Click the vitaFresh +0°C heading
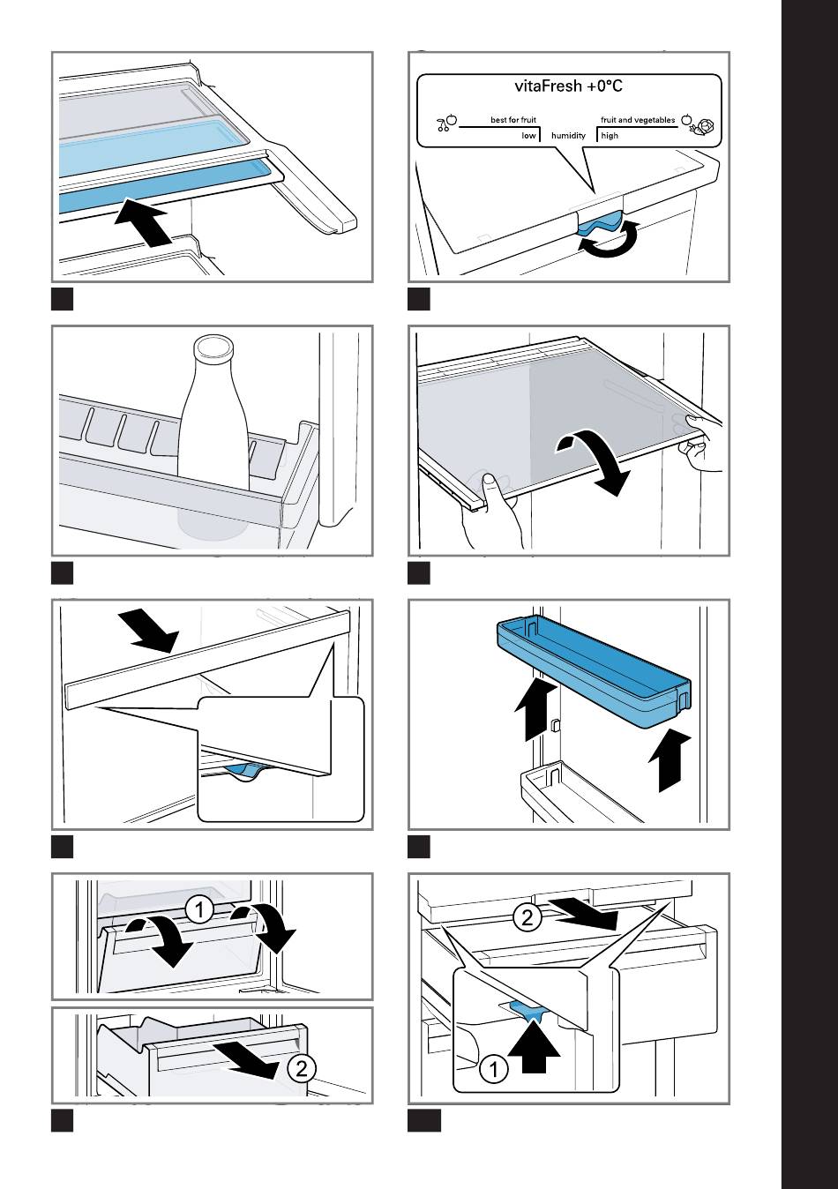click(x=569, y=86)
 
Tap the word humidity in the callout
click(x=568, y=136)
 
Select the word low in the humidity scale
click(x=528, y=136)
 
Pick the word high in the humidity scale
click(x=610, y=136)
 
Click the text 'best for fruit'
click(x=513, y=120)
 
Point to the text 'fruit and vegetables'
click(x=638, y=120)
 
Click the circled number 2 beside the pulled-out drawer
click(x=301, y=1069)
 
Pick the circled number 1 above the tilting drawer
click(x=200, y=909)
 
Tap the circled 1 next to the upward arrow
click(x=493, y=1070)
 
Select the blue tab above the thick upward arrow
click(x=530, y=1012)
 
